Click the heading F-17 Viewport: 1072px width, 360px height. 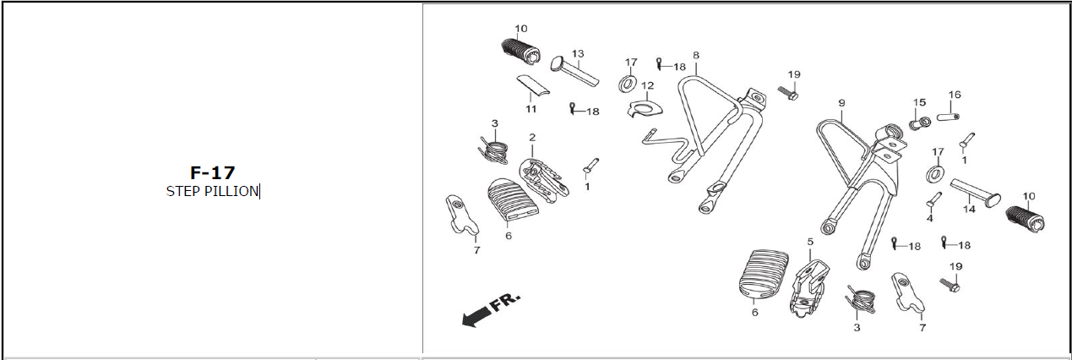coord(212,173)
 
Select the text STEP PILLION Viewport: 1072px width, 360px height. coord(212,192)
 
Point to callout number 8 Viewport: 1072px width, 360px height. coord(696,56)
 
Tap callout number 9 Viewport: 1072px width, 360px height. coord(841,103)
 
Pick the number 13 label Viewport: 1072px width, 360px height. coord(578,54)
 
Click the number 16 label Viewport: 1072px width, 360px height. coord(955,95)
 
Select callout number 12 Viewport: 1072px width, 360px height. coord(647,86)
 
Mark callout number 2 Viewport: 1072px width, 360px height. coord(532,137)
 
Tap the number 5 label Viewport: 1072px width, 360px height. coord(810,242)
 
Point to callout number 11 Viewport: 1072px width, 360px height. coord(531,109)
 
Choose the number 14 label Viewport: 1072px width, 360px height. coord(969,210)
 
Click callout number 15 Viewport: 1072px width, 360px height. coord(919,102)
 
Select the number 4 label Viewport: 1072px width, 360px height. coord(929,218)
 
